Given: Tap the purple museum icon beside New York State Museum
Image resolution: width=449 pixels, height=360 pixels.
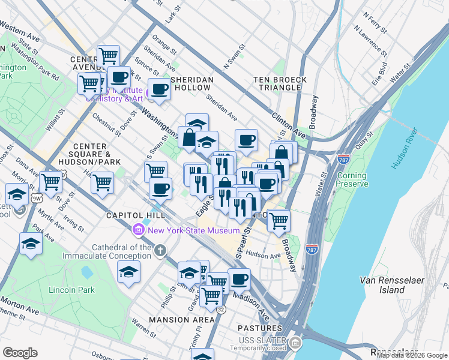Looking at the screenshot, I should (x=139, y=230).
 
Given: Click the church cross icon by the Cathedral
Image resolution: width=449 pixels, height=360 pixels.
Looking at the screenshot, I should (x=160, y=250).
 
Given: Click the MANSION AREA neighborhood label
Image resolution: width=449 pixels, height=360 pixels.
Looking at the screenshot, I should (x=182, y=320).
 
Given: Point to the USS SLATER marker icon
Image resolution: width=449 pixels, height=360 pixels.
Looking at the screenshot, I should (x=295, y=343).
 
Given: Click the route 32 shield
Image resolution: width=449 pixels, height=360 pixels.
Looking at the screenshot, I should (x=221, y=310).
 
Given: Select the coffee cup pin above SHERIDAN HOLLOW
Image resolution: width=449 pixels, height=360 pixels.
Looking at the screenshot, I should (x=160, y=89).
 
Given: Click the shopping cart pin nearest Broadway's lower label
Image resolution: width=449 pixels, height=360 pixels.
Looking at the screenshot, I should (x=279, y=220).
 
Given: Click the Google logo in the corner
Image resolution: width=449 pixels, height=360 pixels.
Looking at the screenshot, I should (x=20, y=353).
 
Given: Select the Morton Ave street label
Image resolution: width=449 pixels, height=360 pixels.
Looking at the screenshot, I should (x=19, y=304).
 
